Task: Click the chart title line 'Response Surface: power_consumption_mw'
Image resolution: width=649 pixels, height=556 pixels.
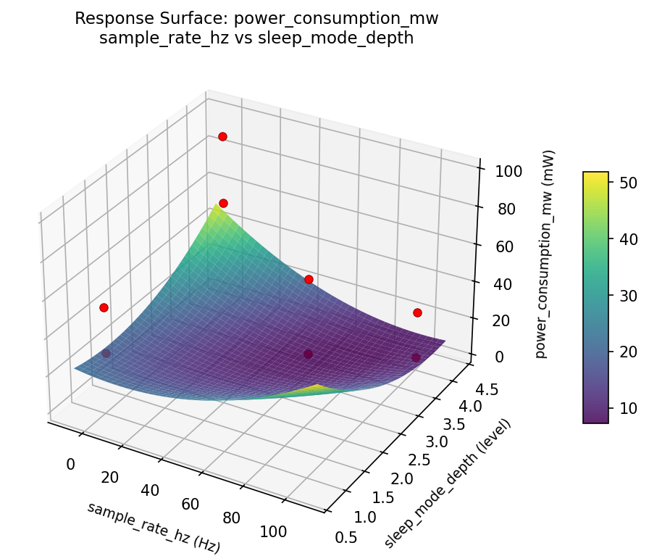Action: point(256,19)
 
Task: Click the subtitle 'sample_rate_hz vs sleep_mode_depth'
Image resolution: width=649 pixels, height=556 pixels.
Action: point(256,38)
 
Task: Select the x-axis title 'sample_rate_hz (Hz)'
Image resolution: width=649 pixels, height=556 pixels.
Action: point(154,528)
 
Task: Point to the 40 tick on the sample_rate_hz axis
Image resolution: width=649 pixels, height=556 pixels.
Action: point(150,491)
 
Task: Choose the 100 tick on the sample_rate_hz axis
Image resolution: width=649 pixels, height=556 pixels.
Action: point(273,532)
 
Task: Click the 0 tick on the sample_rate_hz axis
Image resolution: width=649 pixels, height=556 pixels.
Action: point(70,464)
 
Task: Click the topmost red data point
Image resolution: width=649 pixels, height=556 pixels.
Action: point(222,136)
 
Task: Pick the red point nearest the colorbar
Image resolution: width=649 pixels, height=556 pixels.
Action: point(417,312)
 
